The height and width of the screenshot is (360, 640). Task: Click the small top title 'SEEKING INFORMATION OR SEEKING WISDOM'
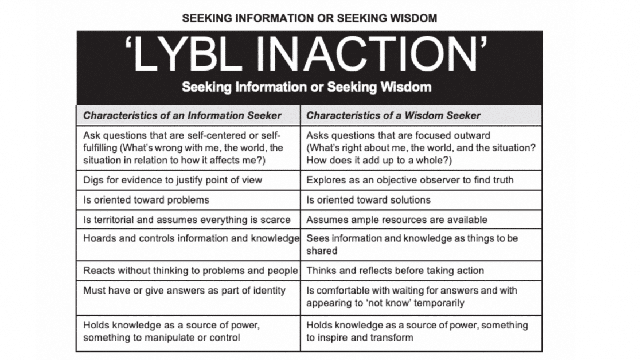coord(309,18)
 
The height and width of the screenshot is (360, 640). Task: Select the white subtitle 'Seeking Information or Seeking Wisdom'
coord(307,87)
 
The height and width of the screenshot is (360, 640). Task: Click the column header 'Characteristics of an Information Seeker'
coord(182,116)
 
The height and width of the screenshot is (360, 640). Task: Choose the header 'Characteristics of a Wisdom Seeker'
coord(393,116)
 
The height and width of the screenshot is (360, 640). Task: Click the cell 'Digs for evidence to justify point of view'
coord(173,180)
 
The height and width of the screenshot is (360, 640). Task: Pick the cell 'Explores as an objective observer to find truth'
coord(410,180)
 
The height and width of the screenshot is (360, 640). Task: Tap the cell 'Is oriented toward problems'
coord(146,200)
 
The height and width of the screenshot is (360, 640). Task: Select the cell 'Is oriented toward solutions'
coord(369,200)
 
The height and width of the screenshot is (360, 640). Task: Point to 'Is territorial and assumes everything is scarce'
coord(187,220)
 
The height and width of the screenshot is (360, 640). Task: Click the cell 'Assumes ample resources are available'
coord(397,220)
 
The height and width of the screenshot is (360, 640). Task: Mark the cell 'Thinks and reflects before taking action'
coord(395,271)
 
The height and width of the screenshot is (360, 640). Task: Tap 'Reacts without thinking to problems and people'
coord(190,271)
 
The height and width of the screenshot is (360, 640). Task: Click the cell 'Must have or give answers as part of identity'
coord(185,291)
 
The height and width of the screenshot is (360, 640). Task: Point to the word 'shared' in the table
coord(322,251)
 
